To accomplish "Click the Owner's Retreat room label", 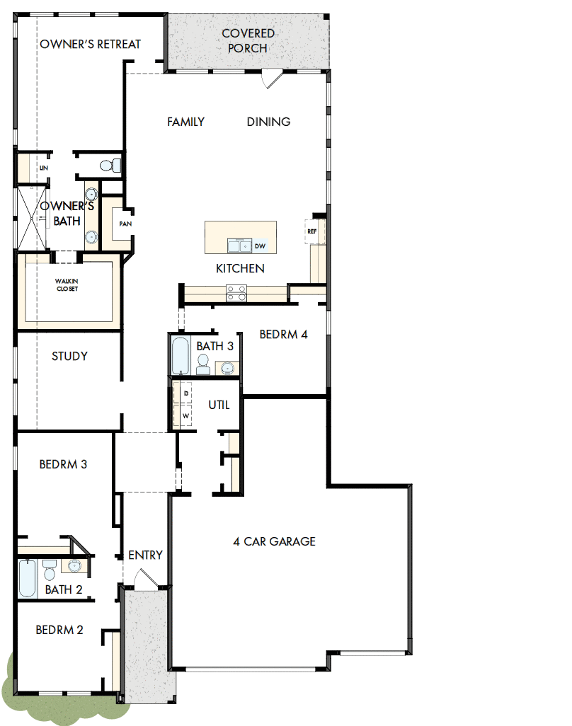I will tap(90, 44).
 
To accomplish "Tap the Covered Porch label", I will tap(248, 41).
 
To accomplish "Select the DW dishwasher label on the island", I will tap(260, 246).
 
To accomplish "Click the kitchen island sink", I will tap(239, 246).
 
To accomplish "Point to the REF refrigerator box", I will tap(311, 231).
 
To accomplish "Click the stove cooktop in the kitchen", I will tap(236, 293).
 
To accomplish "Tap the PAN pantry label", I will tap(125, 224).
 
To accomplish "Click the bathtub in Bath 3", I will tap(180, 355).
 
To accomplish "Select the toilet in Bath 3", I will tap(202, 364).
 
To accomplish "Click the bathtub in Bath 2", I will tap(26, 577).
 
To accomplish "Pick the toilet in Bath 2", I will tap(49, 568).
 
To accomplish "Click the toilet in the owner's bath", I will tap(108, 166).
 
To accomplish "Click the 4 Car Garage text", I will tap(274, 541).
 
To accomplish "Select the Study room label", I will tap(69, 356).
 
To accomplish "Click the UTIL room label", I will tap(219, 405).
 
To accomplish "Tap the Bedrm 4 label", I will tap(283, 334).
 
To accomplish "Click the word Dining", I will tap(268, 122).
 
